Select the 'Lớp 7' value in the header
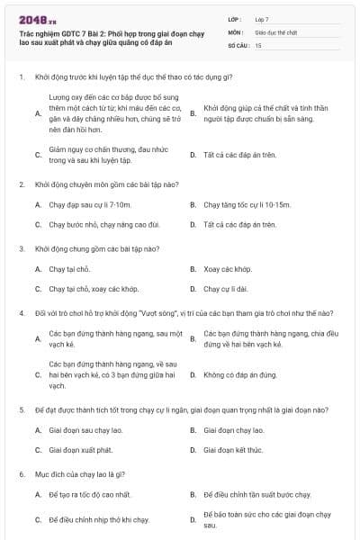263,19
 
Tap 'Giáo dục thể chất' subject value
274,31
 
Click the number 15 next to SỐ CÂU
258,44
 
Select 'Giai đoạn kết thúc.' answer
232,449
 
